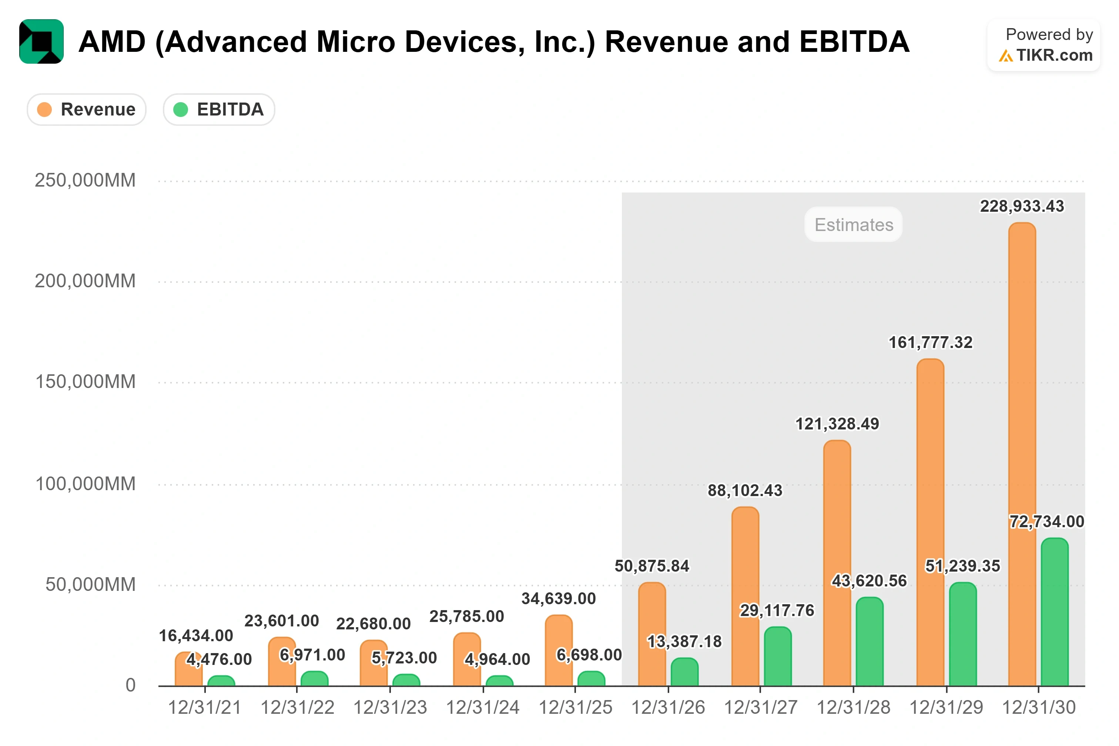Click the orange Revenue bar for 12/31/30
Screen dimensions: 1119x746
pos(1022,454)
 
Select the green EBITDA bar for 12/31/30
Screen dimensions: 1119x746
pos(1054,612)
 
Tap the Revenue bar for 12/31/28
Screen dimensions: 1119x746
pos(837,563)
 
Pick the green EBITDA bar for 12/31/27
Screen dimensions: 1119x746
pos(778,656)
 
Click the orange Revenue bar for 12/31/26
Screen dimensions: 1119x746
pos(652,634)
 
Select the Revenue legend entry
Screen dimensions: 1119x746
pos(87,110)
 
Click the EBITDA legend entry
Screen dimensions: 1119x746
pos(219,110)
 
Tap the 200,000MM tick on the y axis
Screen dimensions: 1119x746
pos(85,281)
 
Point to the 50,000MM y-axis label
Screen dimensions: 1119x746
pos(90,584)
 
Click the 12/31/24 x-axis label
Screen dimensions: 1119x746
pos(483,707)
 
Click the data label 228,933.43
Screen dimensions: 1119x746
pos(1022,206)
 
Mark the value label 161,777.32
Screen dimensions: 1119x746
pos(931,342)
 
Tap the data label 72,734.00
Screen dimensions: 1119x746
pos(1047,521)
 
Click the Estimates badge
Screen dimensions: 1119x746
pos(854,225)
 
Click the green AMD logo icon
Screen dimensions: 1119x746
pos(41,41)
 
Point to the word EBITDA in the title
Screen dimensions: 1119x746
pos(855,42)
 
